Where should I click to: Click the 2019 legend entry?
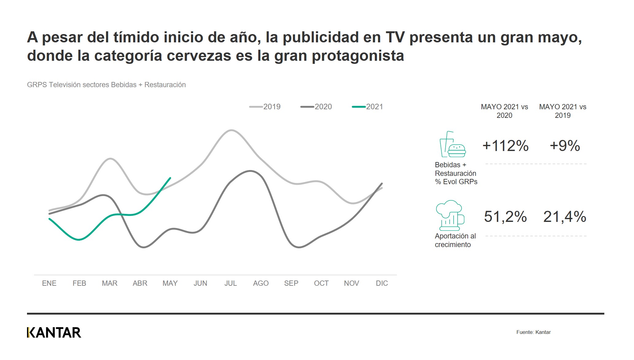(x=265, y=107)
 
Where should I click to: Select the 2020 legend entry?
(x=316, y=107)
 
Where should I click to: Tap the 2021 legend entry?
(x=368, y=107)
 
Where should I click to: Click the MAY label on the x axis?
(x=170, y=283)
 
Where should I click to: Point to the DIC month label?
(x=382, y=283)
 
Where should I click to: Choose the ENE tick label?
(x=49, y=283)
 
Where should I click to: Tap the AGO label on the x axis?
(x=261, y=283)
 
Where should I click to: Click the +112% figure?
(x=505, y=146)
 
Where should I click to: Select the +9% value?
(x=565, y=146)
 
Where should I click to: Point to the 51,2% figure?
(x=505, y=217)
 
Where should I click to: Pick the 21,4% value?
(x=565, y=217)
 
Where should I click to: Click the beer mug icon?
(x=450, y=215)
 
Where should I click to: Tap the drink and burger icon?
(x=452, y=144)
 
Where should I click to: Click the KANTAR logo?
(x=54, y=333)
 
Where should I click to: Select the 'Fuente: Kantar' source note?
(x=533, y=332)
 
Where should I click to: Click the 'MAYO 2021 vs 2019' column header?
(x=563, y=111)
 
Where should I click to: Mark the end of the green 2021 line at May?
(x=170, y=178)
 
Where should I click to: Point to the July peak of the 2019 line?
(x=231, y=130)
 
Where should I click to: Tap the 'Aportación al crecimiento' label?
(x=455, y=240)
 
